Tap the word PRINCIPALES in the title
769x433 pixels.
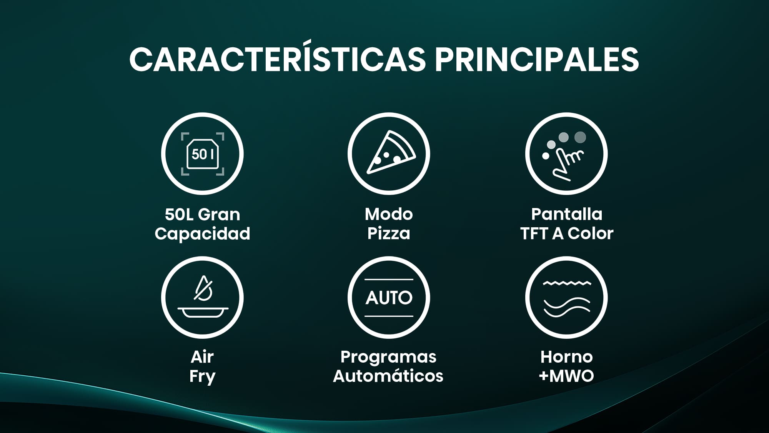click(537, 59)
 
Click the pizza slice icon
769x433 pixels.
click(391, 153)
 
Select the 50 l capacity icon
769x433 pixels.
click(203, 154)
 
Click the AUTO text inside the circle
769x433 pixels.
click(389, 298)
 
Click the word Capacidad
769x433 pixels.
click(202, 234)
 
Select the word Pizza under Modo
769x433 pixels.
click(389, 233)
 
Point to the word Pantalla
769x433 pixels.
click(567, 214)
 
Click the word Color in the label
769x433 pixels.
click(591, 233)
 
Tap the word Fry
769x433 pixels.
click(202, 376)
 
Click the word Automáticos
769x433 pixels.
click(388, 376)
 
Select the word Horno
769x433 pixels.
click(567, 357)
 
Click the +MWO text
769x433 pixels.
click(567, 376)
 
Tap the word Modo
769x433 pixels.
click(389, 214)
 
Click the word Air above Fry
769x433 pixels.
click(202, 357)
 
